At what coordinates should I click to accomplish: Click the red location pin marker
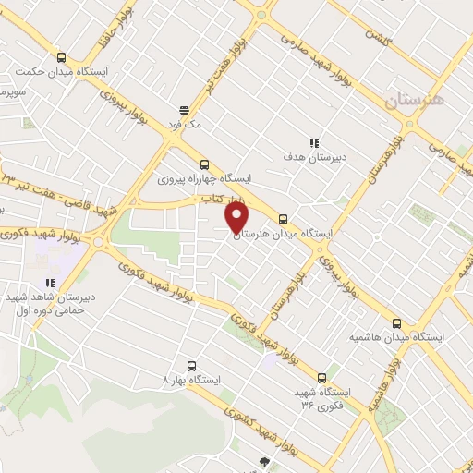coord(237,219)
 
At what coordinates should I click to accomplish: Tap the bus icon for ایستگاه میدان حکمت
coord(61,56)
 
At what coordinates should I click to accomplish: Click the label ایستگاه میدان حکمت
coord(61,72)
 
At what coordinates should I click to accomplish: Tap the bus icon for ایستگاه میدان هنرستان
coord(283,220)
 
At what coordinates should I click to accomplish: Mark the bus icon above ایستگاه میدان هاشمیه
coord(396,323)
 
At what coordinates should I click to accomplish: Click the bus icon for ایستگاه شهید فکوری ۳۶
coord(322,377)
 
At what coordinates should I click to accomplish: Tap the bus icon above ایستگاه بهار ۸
coord(191,365)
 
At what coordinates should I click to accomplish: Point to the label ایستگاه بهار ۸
coord(190,381)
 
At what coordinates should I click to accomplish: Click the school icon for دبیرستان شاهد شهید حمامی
coord(48,283)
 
